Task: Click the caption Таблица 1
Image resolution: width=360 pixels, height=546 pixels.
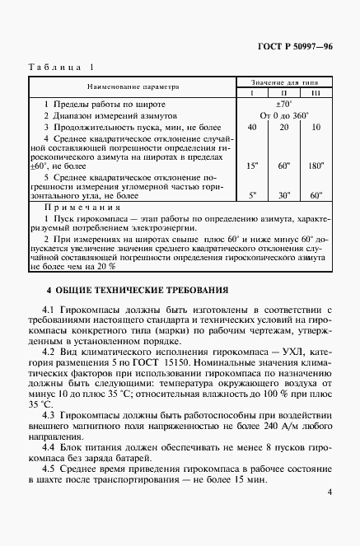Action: [x=62, y=67]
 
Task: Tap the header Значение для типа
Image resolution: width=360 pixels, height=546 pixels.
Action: [x=283, y=81]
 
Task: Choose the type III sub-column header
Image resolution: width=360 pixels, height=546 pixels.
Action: [x=316, y=91]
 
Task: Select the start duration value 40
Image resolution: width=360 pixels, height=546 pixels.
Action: [x=251, y=128]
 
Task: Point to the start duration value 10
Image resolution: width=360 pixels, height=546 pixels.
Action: [x=316, y=128]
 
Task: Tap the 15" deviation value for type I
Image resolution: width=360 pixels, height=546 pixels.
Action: [x=251, y=166]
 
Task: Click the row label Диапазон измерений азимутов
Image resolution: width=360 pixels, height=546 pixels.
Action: [x=108, y=116]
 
